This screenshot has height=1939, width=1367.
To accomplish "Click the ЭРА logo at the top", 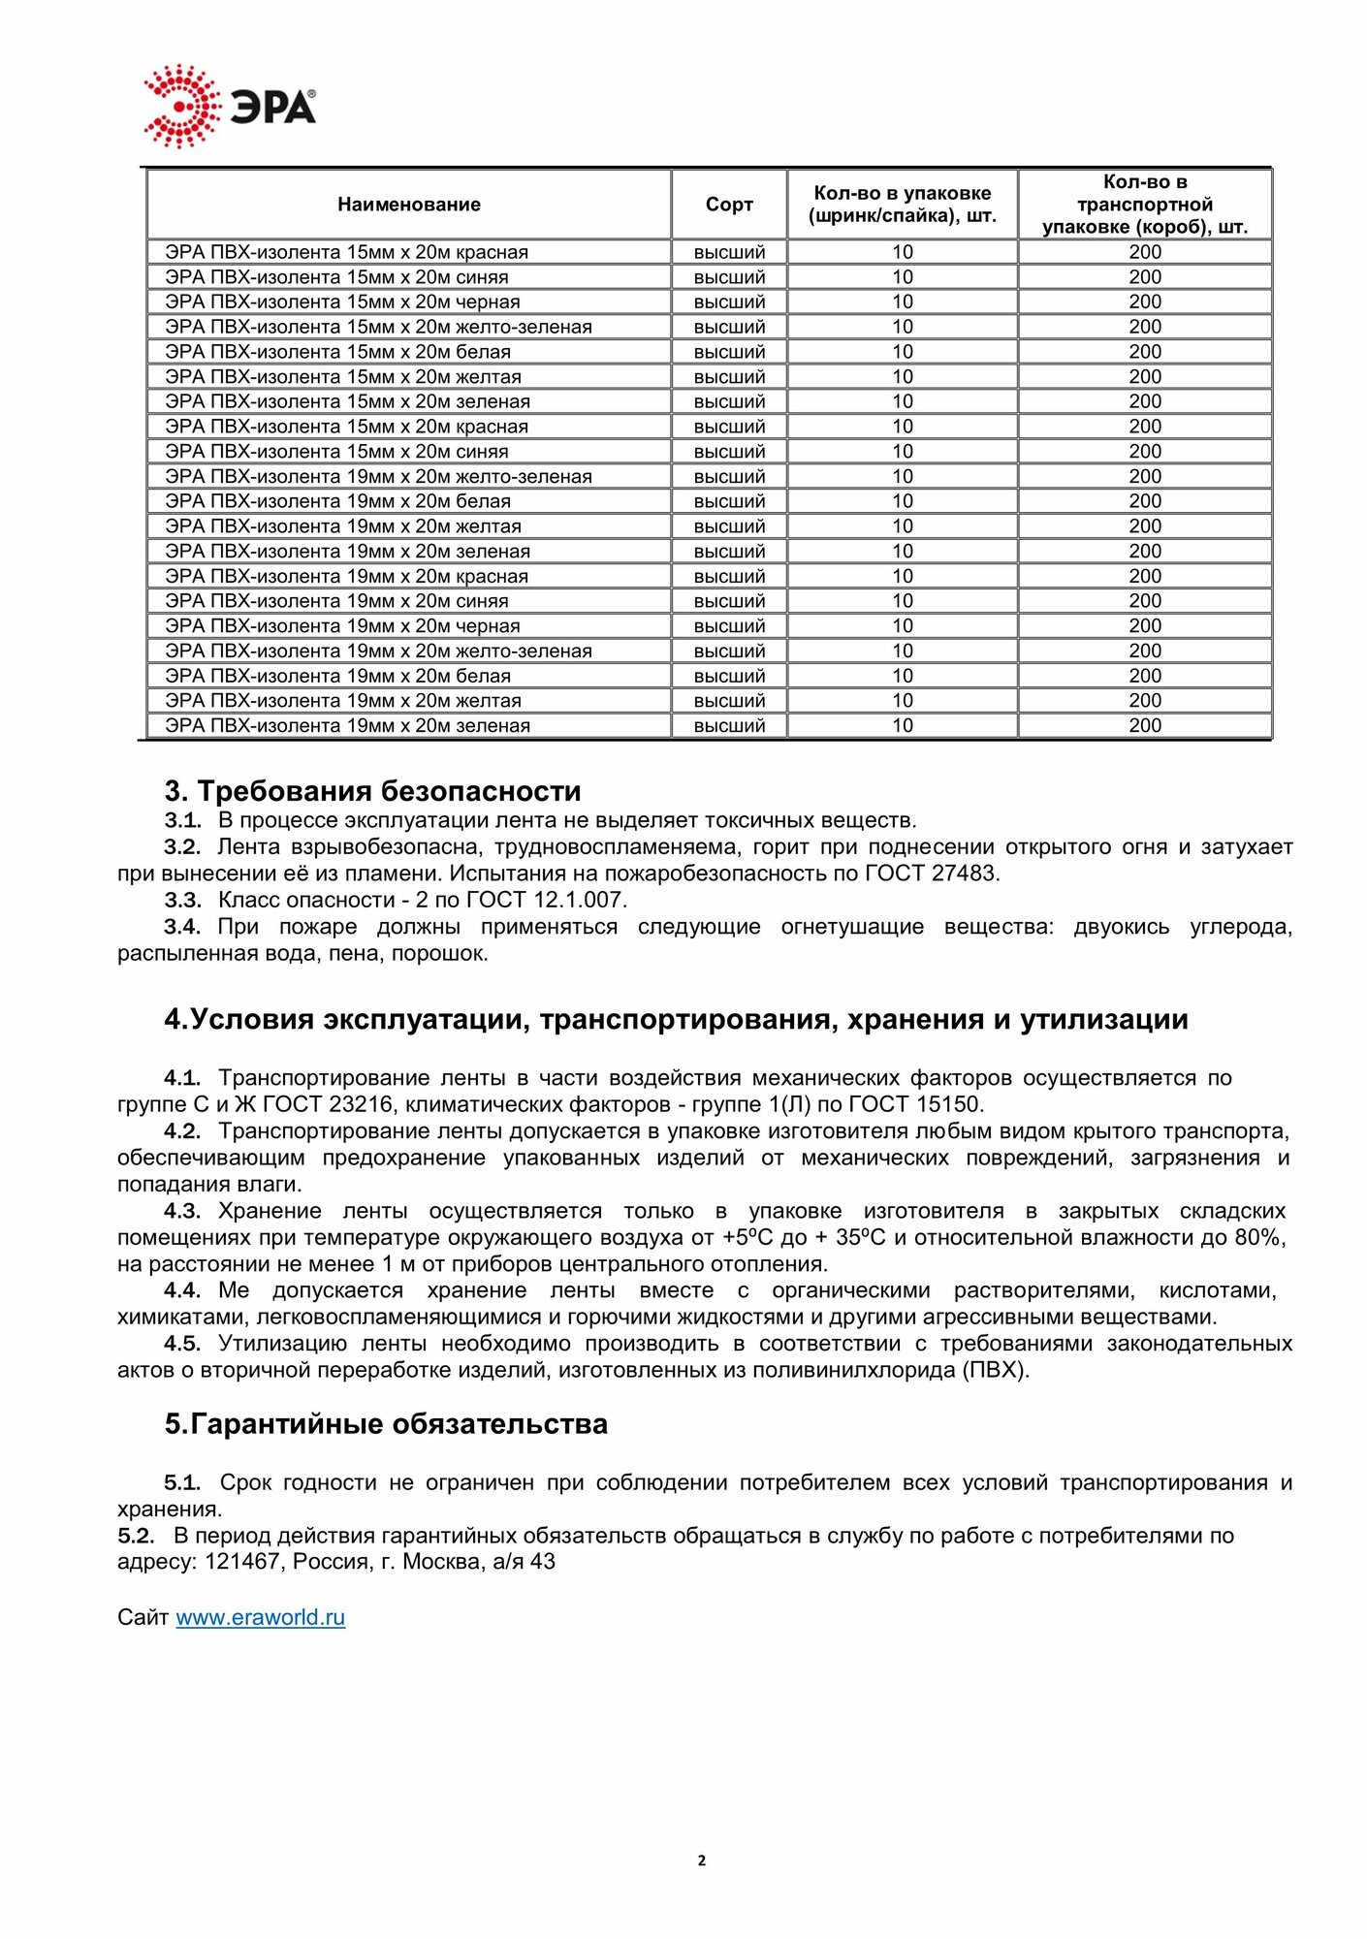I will click(230, 107).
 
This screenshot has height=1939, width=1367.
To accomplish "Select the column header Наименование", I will click(408, 205).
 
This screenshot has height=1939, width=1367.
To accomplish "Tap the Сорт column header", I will click(729, 205).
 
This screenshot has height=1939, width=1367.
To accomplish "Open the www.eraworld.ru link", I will click(260, 1617).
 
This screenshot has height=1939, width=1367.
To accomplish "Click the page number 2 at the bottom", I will click(702, 1860).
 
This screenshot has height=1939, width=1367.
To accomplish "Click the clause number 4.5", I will click(182, 1344).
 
